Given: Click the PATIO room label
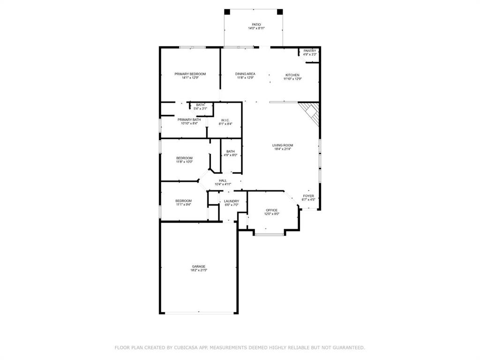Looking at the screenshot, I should tap(256, 24).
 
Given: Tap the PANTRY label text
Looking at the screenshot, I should tap(310, 51).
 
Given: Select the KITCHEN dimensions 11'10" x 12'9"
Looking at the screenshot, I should tap(292, 79).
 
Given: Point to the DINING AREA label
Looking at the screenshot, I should tap(245, 74).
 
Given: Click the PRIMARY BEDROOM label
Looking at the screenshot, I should tap(190, 74).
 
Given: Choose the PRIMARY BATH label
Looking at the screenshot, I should tap(189, 120).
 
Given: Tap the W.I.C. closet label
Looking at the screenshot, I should tap(224, 120).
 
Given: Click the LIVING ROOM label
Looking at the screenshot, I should tap(283, 145).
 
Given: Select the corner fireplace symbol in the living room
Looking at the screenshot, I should tap(310, 112).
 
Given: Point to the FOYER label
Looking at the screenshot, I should tap(308, 196).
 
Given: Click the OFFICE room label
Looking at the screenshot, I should tap(271, 210).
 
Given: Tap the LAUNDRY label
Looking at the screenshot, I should tap(232, 201).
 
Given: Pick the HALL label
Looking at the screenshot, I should tap(223, 180).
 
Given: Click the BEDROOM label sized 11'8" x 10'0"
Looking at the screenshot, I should tap(184, 158).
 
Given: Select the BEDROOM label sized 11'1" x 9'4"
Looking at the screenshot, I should tap(183, 201).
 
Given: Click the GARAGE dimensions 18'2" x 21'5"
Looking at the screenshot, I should tap(198, 270).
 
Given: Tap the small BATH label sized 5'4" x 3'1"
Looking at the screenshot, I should tap(200, 105).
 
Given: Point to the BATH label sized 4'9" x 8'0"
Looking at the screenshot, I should tap(231, 151).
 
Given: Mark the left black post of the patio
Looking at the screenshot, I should tap(227, 12).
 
